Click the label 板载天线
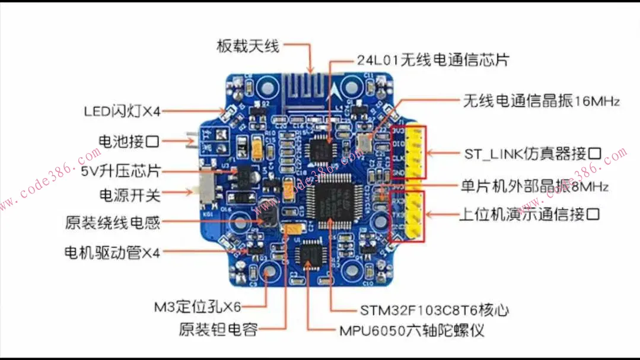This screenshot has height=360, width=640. tap(247, 46)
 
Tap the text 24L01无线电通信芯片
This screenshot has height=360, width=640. tap(432, 60)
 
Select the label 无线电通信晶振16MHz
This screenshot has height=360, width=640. tap(541, 101)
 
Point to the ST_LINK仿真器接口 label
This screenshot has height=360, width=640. tap(533, 154)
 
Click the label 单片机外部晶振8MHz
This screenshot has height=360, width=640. tap(534, 186)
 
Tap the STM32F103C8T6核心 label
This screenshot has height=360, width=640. tap(434, 310)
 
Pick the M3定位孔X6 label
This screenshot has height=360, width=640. tap(197, 307)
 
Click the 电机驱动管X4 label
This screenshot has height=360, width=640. tap(112, 253)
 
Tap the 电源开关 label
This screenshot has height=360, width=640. tap(129, 193)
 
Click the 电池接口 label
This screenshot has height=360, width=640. tap(128, 141)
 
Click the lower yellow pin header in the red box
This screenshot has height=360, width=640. tap(416, 216)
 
